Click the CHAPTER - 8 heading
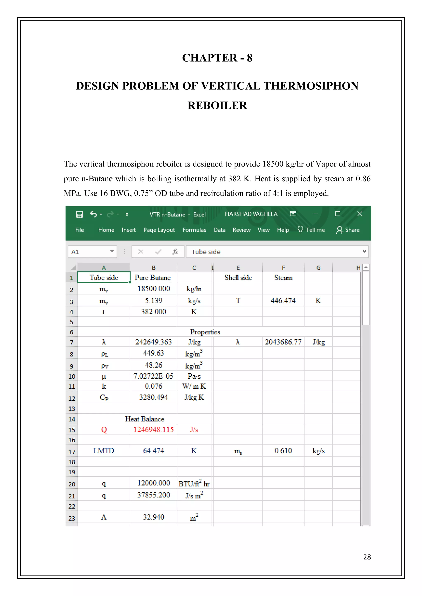click(217, 58)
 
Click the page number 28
click(367, 557)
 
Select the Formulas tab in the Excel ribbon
click(194, 230)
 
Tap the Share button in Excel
click(348, 230)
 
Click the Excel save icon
click(79, 214)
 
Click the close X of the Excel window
click(360, 214)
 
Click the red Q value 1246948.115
click(154, 430)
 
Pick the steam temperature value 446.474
click(283, 301)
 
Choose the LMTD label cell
click(104, 451)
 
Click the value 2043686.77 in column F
click(283, 342)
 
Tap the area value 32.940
click(154, 517)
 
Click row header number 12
click(72, 398)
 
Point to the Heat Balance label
click(144, 419)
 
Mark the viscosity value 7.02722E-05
click(153, 376)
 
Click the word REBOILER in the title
click(217, 106)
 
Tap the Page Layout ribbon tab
click(159, 230)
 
